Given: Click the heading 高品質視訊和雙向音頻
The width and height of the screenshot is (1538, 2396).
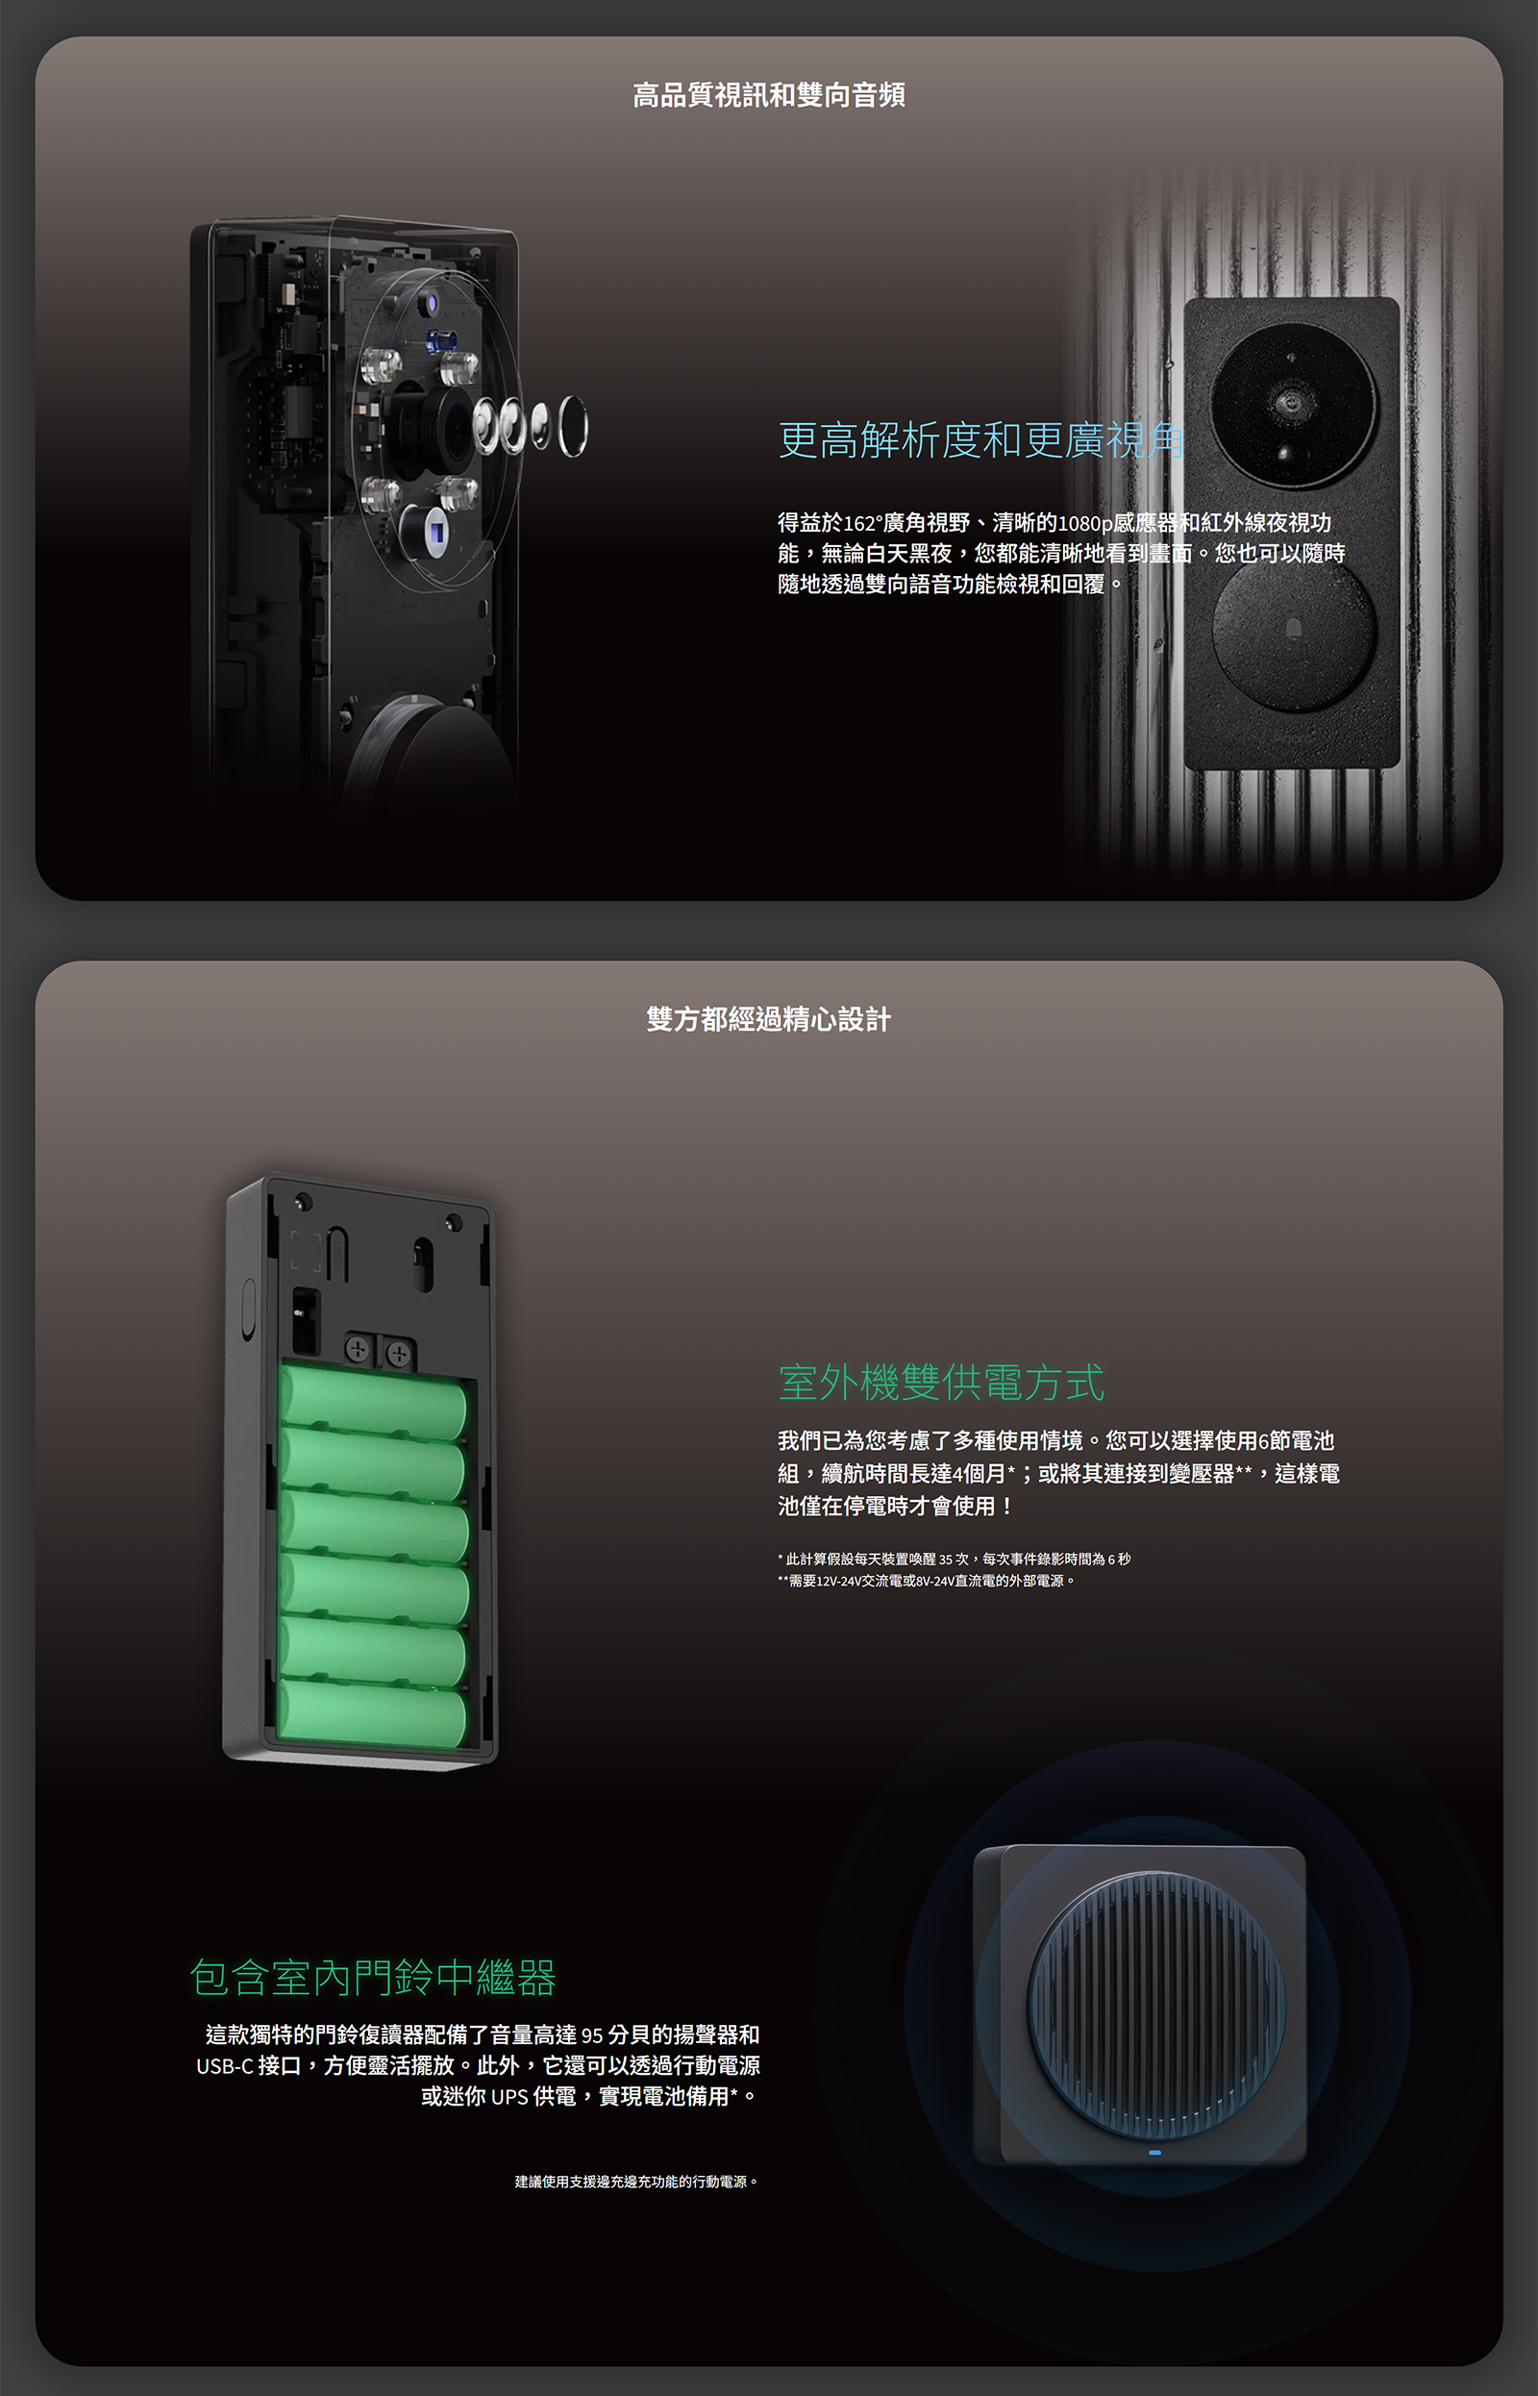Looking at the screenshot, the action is click(769, 95).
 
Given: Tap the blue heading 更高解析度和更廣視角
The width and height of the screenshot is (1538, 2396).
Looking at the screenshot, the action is click(980, 439).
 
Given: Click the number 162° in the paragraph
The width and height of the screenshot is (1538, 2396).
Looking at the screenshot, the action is click(863, 522).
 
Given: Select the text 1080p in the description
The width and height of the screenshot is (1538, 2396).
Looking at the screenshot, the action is click(1084, 522).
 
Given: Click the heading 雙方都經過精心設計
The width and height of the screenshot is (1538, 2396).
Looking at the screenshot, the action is click(769, 1020).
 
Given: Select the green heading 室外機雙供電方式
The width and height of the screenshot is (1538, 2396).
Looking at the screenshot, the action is click(941, 1383).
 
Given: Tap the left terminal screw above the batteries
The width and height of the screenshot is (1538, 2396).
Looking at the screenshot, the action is click(358, 1350).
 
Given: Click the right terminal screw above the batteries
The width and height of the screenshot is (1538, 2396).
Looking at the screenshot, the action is click(399, 1355).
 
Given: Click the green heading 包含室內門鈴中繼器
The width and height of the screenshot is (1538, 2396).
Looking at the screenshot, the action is click(373, 1978).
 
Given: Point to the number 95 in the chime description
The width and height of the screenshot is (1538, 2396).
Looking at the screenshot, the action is click(592, 2035).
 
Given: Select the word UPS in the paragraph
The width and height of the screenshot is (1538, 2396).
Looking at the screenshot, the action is click(509, 2096).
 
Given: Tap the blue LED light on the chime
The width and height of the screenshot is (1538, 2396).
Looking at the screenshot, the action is click(1155, 2153).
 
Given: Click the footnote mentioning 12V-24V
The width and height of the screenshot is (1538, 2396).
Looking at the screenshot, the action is click(927, 1581).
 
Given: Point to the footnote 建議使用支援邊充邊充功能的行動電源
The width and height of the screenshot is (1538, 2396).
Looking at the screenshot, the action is click(636, 2182).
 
